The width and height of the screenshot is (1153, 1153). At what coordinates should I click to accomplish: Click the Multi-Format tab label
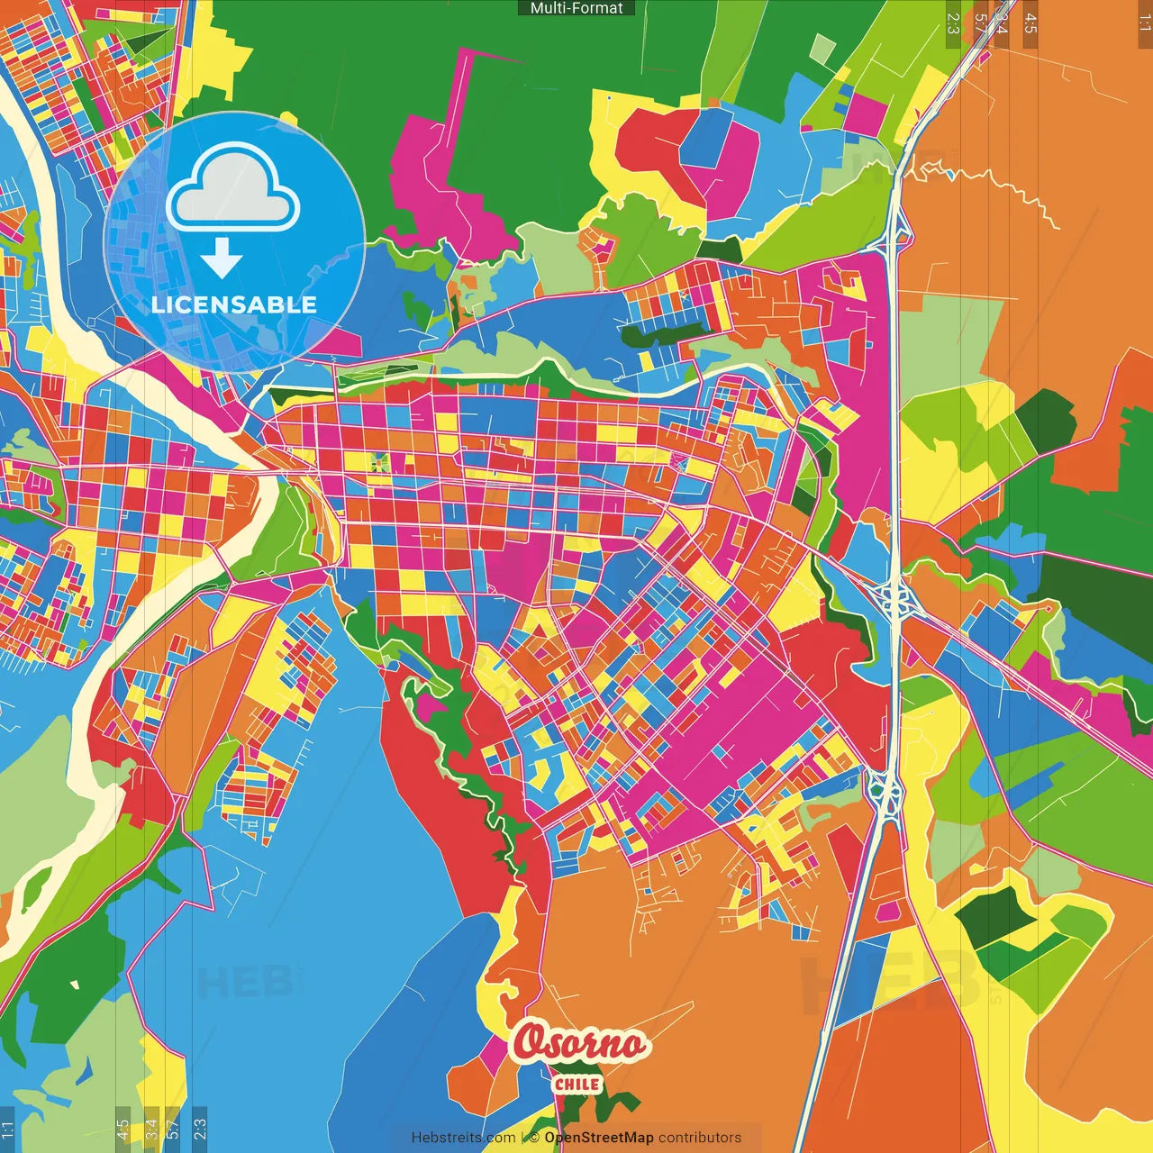576,8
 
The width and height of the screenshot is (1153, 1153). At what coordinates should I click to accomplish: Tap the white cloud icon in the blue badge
233,189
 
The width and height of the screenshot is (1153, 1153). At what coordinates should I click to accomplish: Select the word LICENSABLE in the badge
234,304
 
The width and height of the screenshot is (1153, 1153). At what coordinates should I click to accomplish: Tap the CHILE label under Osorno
577,1085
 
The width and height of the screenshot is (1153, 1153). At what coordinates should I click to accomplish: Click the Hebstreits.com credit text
463,1138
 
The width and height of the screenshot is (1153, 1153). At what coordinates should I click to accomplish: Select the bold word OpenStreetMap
599,1138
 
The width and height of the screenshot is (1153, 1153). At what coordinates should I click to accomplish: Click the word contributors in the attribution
700,1138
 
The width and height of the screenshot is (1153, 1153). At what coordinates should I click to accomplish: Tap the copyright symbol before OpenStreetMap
534,1138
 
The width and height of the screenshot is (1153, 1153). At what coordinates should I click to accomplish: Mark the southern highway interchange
886,793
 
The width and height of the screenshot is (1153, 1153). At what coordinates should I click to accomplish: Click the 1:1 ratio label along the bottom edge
7,1130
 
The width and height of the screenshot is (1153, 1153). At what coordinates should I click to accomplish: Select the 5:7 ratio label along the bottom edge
173,1130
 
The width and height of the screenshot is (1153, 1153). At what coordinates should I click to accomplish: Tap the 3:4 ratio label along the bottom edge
150,1130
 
